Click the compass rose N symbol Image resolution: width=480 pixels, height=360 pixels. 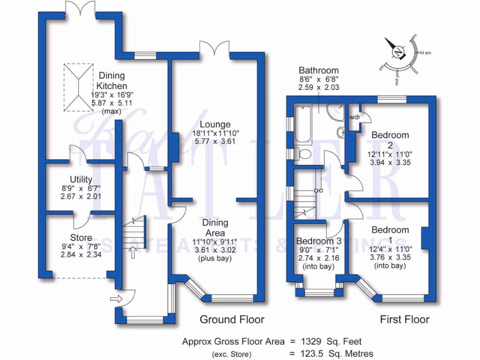tap(398, 52)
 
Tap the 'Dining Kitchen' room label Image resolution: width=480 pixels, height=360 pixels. tap(111, 81)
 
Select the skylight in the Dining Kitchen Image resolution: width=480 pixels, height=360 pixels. tap(77, 86)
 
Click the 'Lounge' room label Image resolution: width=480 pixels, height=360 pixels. tap(215, 125)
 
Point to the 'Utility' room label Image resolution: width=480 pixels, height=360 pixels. tap(81, 180)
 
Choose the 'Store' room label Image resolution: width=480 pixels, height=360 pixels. tap(81, 238)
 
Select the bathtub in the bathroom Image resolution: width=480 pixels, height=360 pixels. tap(302, 124)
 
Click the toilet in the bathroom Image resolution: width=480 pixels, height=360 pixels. tap(305, 154)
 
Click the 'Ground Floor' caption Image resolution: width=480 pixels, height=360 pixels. tap(232, 320)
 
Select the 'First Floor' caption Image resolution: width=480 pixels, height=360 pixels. tap(405, 320)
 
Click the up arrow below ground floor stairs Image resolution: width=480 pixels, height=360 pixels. tap(133, 254)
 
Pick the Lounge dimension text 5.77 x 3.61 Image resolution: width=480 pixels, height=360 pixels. tap(215, 141)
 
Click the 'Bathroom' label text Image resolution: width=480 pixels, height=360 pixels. tap(319, 71)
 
